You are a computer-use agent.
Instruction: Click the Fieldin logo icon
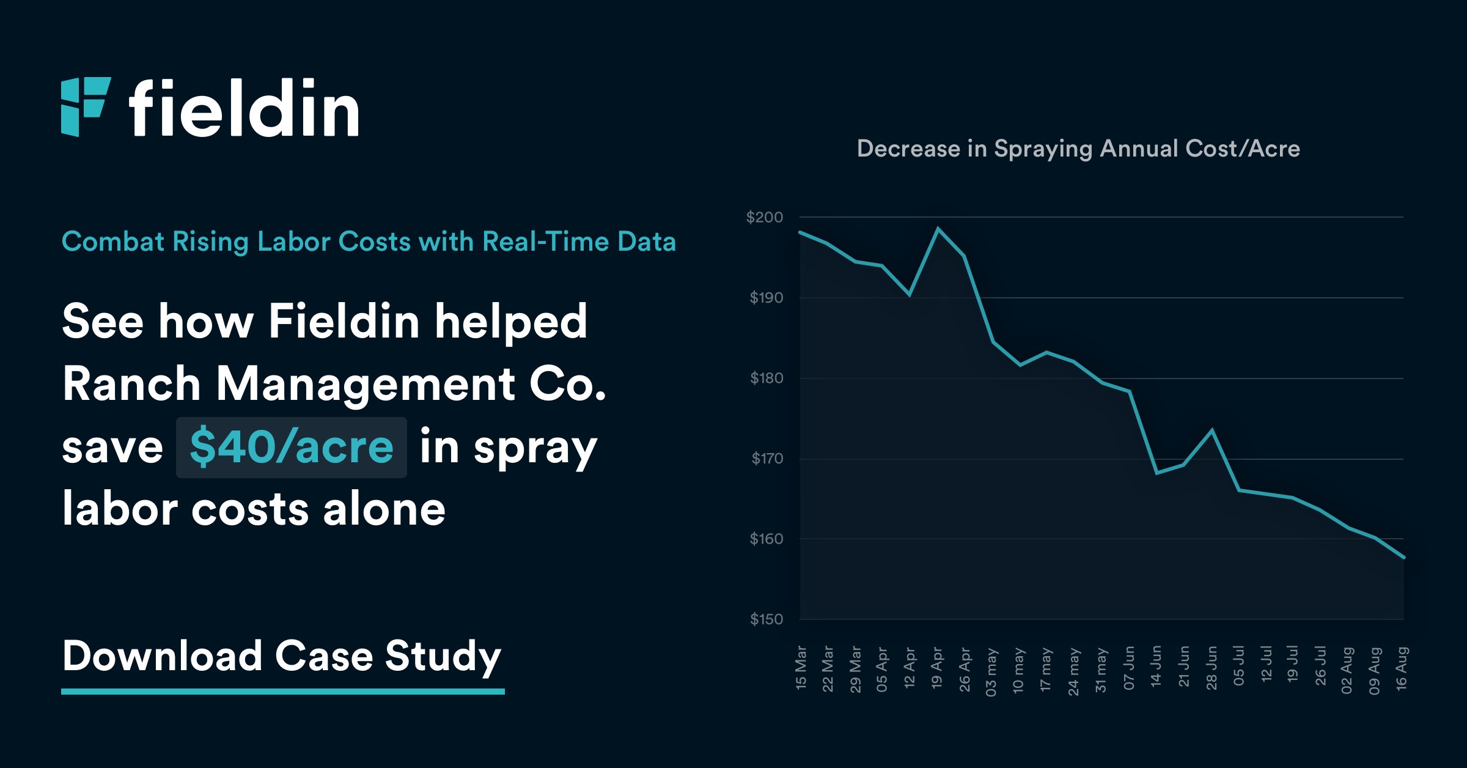(x=86, y=107)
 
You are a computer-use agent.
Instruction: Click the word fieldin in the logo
(x=243, y=109)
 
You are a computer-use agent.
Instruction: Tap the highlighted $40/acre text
(x=291, y=447)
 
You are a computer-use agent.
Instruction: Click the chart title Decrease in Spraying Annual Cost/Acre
(x=1078, y=149)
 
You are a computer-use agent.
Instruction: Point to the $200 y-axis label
(x=764, y=217)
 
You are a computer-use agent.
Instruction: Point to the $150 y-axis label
(x=766, y=619)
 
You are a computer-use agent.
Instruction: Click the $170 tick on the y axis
(x=767, y=459)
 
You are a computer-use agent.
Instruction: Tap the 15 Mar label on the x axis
(x=801, y=668)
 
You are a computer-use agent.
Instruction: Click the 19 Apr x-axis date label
(x=937, y=668)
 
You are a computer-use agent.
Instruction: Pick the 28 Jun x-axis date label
(x=1211, y=668)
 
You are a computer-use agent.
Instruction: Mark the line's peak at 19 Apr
(x=938, y=229)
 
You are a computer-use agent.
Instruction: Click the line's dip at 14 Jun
(x=1156, y=473)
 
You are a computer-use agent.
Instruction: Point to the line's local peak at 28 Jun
(x=1211, y=430)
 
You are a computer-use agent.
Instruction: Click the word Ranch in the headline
(x=131, y=384)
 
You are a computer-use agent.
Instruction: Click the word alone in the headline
(x=384, y=509)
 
